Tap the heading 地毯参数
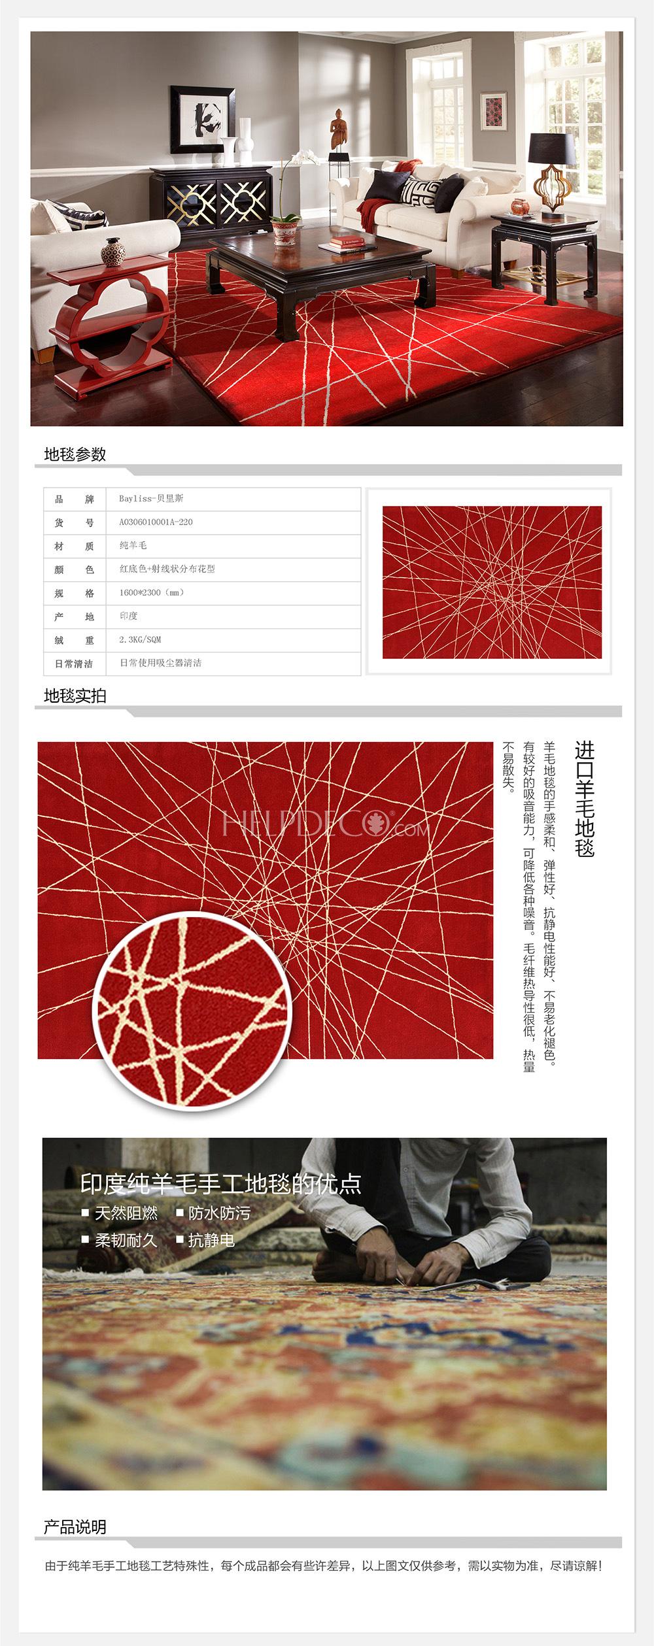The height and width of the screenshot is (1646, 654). click(75, 455)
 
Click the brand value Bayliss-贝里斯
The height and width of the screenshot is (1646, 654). click(151, 499)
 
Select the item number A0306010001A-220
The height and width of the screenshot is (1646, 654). click(156, 522)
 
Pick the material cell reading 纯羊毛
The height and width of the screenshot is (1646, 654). click(133, 546)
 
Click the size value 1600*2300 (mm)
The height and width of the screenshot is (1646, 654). click(152, 593)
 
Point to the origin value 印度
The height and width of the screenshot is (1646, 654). click(128, 616)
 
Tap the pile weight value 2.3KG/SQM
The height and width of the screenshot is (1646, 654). click(140, 640)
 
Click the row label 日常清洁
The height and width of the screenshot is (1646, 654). click(74, 663)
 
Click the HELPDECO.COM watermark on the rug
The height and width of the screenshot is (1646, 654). click(326, 824)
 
